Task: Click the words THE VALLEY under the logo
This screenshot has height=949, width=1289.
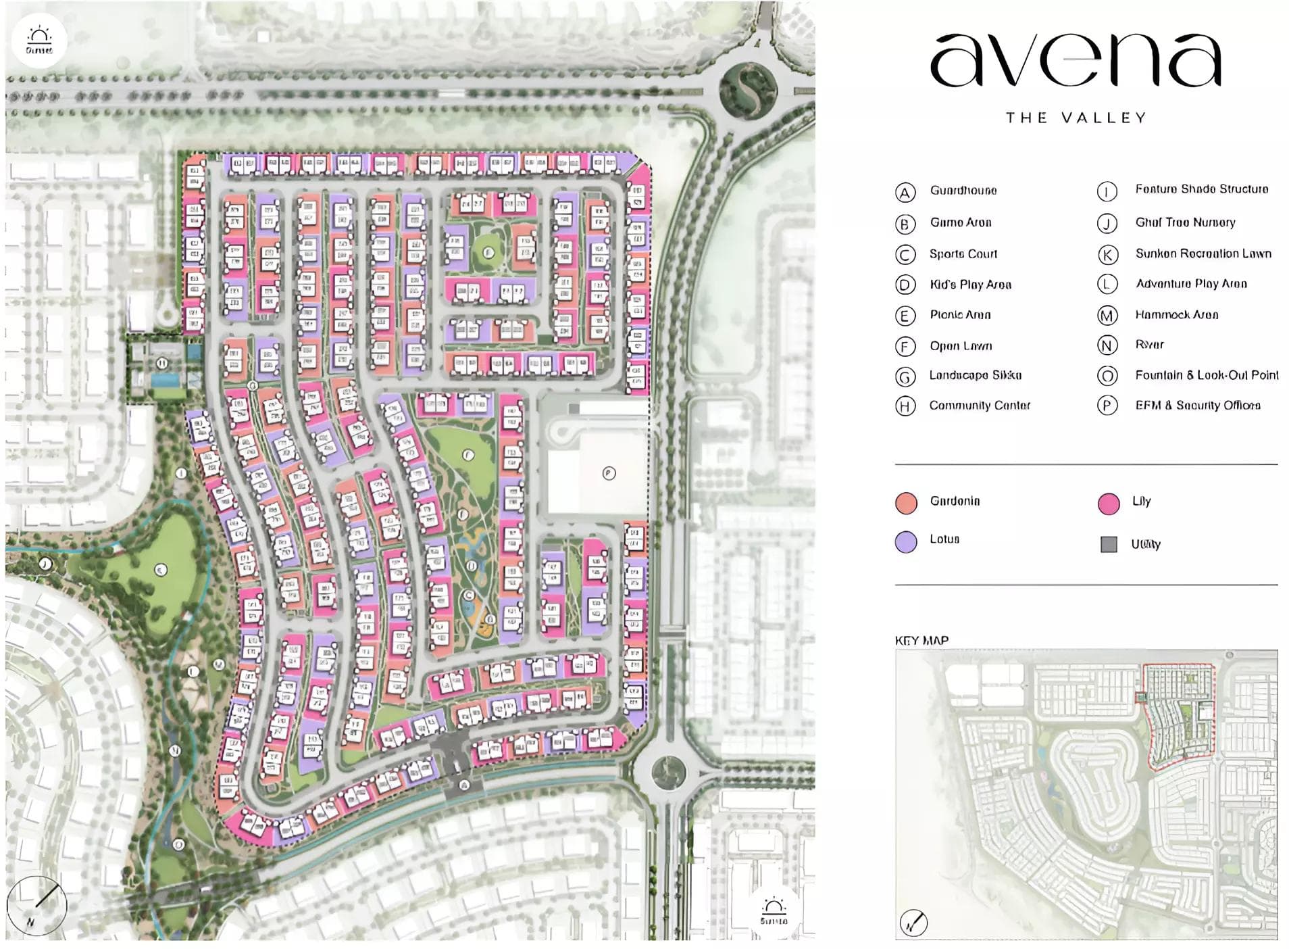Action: tap(1076, 118)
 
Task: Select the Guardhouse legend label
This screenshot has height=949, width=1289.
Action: tap(963, 191)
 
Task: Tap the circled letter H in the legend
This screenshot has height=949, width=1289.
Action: tap(905, 406)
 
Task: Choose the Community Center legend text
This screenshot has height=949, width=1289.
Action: tap(979, 406)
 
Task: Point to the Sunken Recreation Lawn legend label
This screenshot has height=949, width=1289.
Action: tap(1203, 253)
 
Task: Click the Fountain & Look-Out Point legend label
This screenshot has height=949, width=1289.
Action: tap(1206, 375)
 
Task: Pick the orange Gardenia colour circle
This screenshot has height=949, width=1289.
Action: tap(905, 503)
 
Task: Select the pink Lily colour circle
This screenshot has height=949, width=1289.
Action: tap(1108, 504)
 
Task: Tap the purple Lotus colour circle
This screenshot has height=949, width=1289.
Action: tap(905, 541)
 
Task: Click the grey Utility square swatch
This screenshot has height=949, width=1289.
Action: tap(1108, 544)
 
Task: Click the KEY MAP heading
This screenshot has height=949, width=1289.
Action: tap(921, 640)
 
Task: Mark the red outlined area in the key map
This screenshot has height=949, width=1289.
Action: tap(1179, 716)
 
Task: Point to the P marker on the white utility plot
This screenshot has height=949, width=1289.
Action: tap(609, 473)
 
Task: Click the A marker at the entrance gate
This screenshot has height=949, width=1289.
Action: tap(464, 785)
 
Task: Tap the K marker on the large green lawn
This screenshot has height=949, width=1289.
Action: tap(160, 570)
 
